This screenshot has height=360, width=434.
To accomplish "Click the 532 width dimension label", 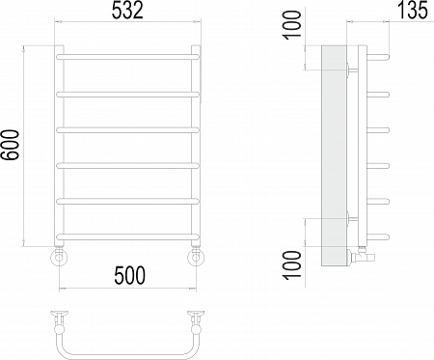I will pyautogui.click(x=128, y=12).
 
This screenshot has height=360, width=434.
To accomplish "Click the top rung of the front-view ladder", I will pyautogui.click(x=128, y=59).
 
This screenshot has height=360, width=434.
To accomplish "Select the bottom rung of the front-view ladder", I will pyautogui.click(x=128, y=236).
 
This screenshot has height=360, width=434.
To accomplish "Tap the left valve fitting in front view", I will pyautogui.click(x=61, y=256).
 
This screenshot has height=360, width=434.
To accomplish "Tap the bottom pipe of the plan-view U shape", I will pyautogui.click(x=128, y=348).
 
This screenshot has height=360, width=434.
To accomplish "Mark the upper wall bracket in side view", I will pyautogui.click(x=348, y=69).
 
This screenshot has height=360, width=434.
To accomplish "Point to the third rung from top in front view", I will pyautogui.click(x=128, y=129).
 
